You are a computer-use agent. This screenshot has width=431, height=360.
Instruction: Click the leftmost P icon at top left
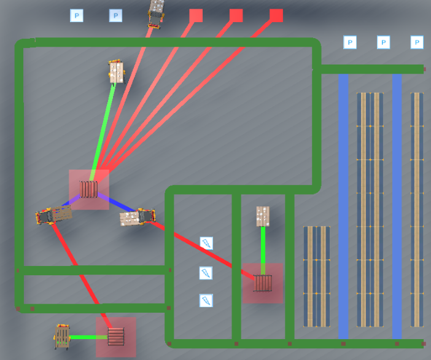(x=76, y=15)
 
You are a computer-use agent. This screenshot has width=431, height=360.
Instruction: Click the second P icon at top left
(x=115, y=15)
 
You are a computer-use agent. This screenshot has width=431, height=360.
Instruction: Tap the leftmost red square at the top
(x=196, y=15)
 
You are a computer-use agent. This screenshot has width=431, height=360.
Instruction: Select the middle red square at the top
(x=236, y=15)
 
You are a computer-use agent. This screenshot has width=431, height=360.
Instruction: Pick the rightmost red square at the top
(x=276, y=15)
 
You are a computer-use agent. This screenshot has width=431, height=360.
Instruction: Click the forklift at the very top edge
(x=157, y=13)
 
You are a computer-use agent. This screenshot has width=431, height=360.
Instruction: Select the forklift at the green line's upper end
(x=116, y=71)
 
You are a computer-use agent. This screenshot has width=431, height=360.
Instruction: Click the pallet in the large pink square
(x=89, y=189)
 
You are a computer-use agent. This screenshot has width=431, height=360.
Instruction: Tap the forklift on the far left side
(x=54, y=215)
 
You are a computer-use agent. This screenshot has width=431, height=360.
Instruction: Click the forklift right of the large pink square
(x=138, y=217)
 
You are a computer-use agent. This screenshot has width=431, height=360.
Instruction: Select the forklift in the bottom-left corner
(x=63, y=337)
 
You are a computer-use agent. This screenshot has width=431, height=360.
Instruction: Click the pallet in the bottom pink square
(x=116, y=336)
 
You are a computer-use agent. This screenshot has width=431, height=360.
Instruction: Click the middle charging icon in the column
(x=207, y=272)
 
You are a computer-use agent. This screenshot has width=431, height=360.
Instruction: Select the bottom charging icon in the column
(x=207, y=300)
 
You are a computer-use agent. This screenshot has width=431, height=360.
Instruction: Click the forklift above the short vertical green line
(x=263, y=216)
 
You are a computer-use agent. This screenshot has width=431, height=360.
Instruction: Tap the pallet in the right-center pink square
(x=263, y=283)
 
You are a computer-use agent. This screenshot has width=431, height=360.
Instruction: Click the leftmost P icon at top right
(x=349, y=42)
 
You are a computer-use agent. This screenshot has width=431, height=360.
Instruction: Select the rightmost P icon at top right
(x=417, y=42)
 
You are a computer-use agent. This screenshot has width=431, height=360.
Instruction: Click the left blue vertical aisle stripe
(x=344, y=203)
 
